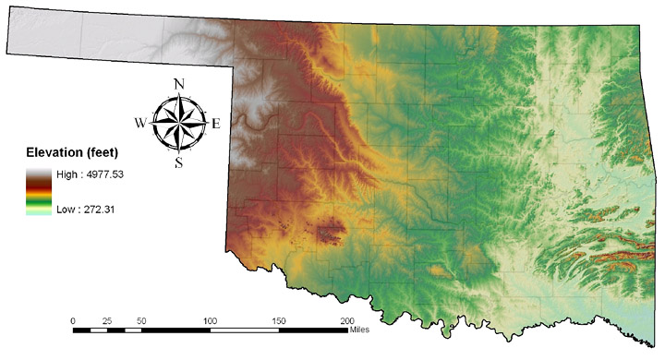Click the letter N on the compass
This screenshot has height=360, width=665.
click(178, 84)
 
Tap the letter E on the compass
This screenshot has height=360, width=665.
click(216, 123)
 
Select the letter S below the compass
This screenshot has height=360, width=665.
click(178, 163)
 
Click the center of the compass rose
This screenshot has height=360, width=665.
click(178, 123)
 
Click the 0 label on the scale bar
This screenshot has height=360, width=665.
click(73, 319)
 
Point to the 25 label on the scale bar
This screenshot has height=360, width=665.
click(107, 319)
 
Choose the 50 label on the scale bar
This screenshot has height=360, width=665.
click(141, 319)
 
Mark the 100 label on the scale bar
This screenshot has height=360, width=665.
click(211, 319)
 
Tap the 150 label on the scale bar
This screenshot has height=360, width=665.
click(279, 319)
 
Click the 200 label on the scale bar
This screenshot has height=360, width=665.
click(347, 319)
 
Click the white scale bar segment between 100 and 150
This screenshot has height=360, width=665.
click(245, 329)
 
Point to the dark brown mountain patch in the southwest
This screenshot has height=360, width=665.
click(328, 232)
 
